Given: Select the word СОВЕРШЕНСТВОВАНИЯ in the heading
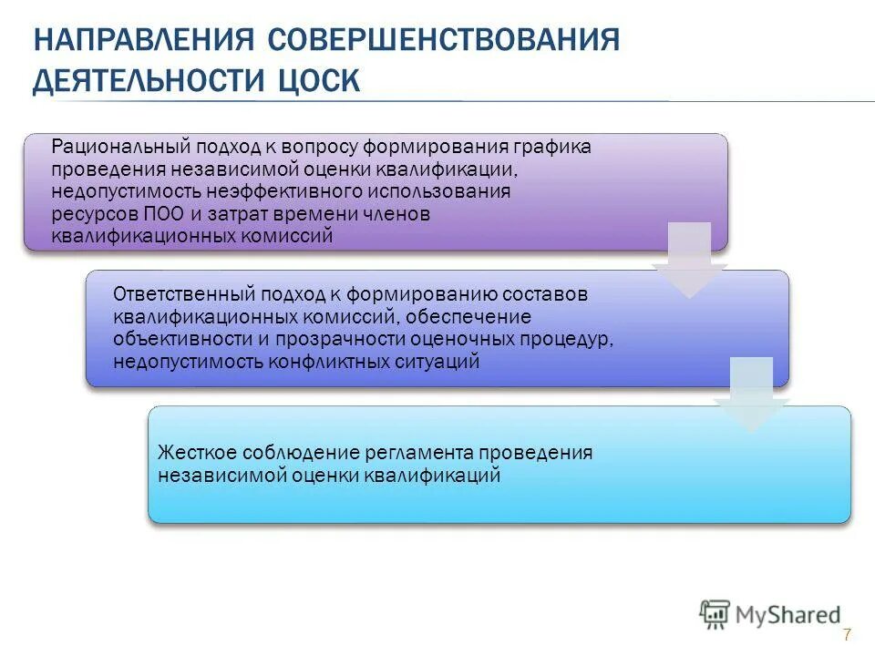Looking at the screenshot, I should (x=445, y=41).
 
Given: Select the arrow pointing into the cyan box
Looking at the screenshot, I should (x=750, y=395).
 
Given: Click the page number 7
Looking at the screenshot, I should (x=847, y=635).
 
